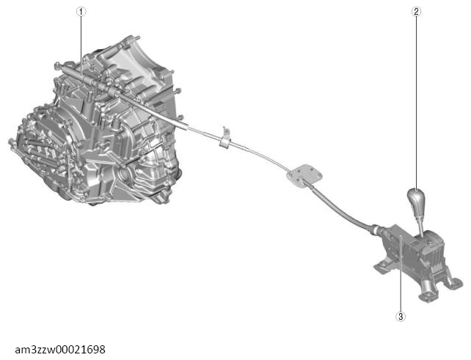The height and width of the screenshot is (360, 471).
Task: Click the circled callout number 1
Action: pyautogui.click(x=81, y=12)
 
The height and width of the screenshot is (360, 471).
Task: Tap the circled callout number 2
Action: pyautogui.click(x=416, y=12)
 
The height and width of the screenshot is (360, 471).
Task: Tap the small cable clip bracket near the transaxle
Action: pyautogui.click(x=224, y=136)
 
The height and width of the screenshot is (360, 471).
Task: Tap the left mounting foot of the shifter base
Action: pyautogui.click(x=382, y=268)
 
